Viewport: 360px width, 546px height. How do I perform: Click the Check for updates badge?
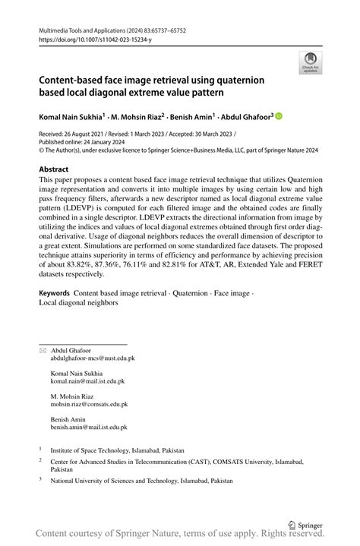310,62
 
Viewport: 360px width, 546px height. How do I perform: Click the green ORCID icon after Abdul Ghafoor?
278,116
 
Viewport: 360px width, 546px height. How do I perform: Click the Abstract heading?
54,169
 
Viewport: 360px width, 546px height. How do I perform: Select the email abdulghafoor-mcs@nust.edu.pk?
93,357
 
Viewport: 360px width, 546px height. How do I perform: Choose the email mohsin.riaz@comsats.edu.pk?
89,405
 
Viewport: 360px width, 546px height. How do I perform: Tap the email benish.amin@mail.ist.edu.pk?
89,428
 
